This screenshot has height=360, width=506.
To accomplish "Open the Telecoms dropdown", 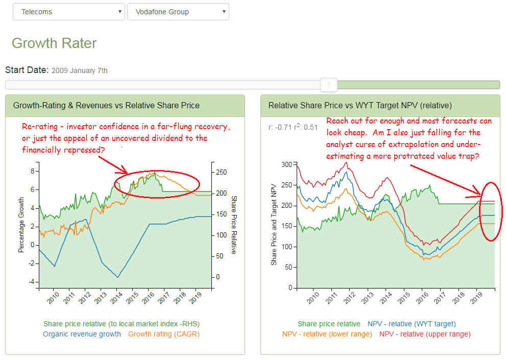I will click(x=68, y=12).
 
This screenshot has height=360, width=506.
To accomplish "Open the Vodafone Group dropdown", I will click(x=178, y=12).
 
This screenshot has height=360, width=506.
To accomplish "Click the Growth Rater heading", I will click(x=54, y=43).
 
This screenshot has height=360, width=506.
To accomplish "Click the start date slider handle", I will click(x=329, y=84).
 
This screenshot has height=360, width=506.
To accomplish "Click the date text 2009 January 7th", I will click(x=80, y=70).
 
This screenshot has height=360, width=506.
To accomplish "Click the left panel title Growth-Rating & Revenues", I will click(x=106, y=106).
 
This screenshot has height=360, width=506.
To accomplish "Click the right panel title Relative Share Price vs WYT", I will click(x=360, y=106).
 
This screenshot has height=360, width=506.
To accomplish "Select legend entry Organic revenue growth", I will click(x=82, y=334).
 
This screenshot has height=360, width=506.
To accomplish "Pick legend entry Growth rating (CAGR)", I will click(x=163, y=334).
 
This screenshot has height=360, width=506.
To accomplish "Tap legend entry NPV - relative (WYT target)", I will click(x=412, y=324).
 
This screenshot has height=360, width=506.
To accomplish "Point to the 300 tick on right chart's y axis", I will click(x=286, y=164).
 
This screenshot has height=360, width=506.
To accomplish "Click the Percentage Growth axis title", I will click(x=21, y=225).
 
